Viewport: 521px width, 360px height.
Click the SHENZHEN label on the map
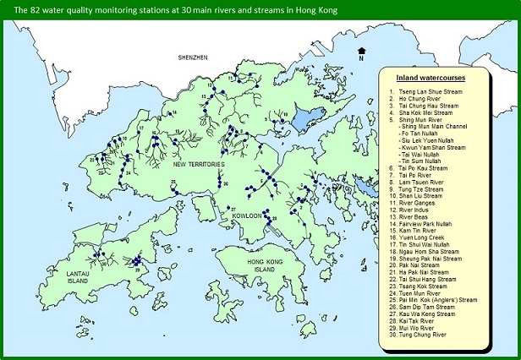click(193, 57)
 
